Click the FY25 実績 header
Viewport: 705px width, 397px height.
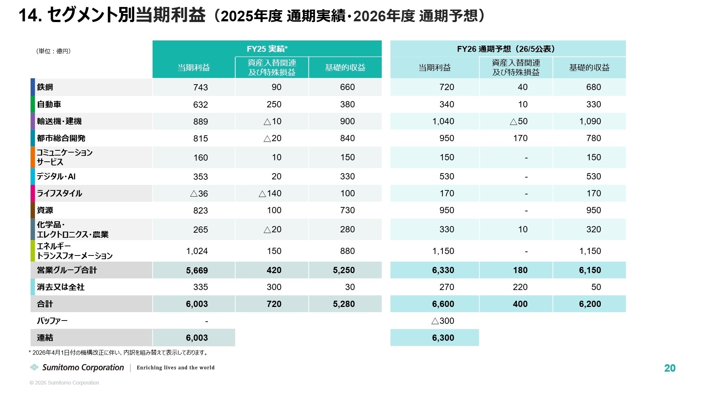tap(267, 49)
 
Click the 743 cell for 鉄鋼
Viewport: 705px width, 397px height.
tap(200, 87)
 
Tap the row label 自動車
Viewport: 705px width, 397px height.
tap(49, 104)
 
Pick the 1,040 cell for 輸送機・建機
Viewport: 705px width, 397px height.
tap(443, 121)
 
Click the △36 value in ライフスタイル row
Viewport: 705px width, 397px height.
tap(199, 193)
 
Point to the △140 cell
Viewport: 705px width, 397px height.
tap(270, 193)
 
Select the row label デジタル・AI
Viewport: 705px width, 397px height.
tap(56, 176)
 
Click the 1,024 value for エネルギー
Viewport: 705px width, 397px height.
tap(197, 251)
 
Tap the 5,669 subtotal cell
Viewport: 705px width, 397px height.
tap(197, 271)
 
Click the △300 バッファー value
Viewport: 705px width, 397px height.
tap(443, 321)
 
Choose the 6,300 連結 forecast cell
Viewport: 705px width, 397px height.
tap(443, 338)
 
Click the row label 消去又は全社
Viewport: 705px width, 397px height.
tap(61, 287)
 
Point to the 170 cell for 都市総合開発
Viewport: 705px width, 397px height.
tap(520, 138)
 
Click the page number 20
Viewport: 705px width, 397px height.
tap(670, 368)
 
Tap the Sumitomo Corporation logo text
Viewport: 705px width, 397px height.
tap(83, 368)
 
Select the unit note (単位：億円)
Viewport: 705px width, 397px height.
tap(54, 51)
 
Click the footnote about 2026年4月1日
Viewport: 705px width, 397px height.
tap(119, 353)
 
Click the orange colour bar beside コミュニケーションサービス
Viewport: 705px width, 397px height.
tap(33, 157)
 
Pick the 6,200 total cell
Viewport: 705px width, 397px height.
tap(590, 304)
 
